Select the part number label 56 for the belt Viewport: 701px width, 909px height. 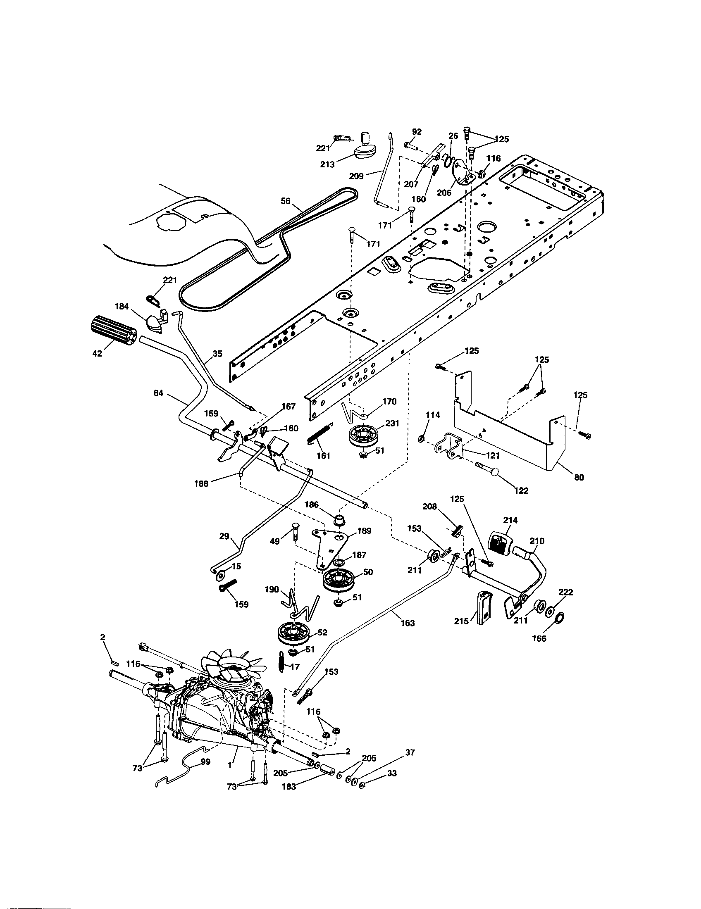[286, 201]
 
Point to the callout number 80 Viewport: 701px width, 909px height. [579, 477]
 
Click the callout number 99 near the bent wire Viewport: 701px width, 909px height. [205, 761]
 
